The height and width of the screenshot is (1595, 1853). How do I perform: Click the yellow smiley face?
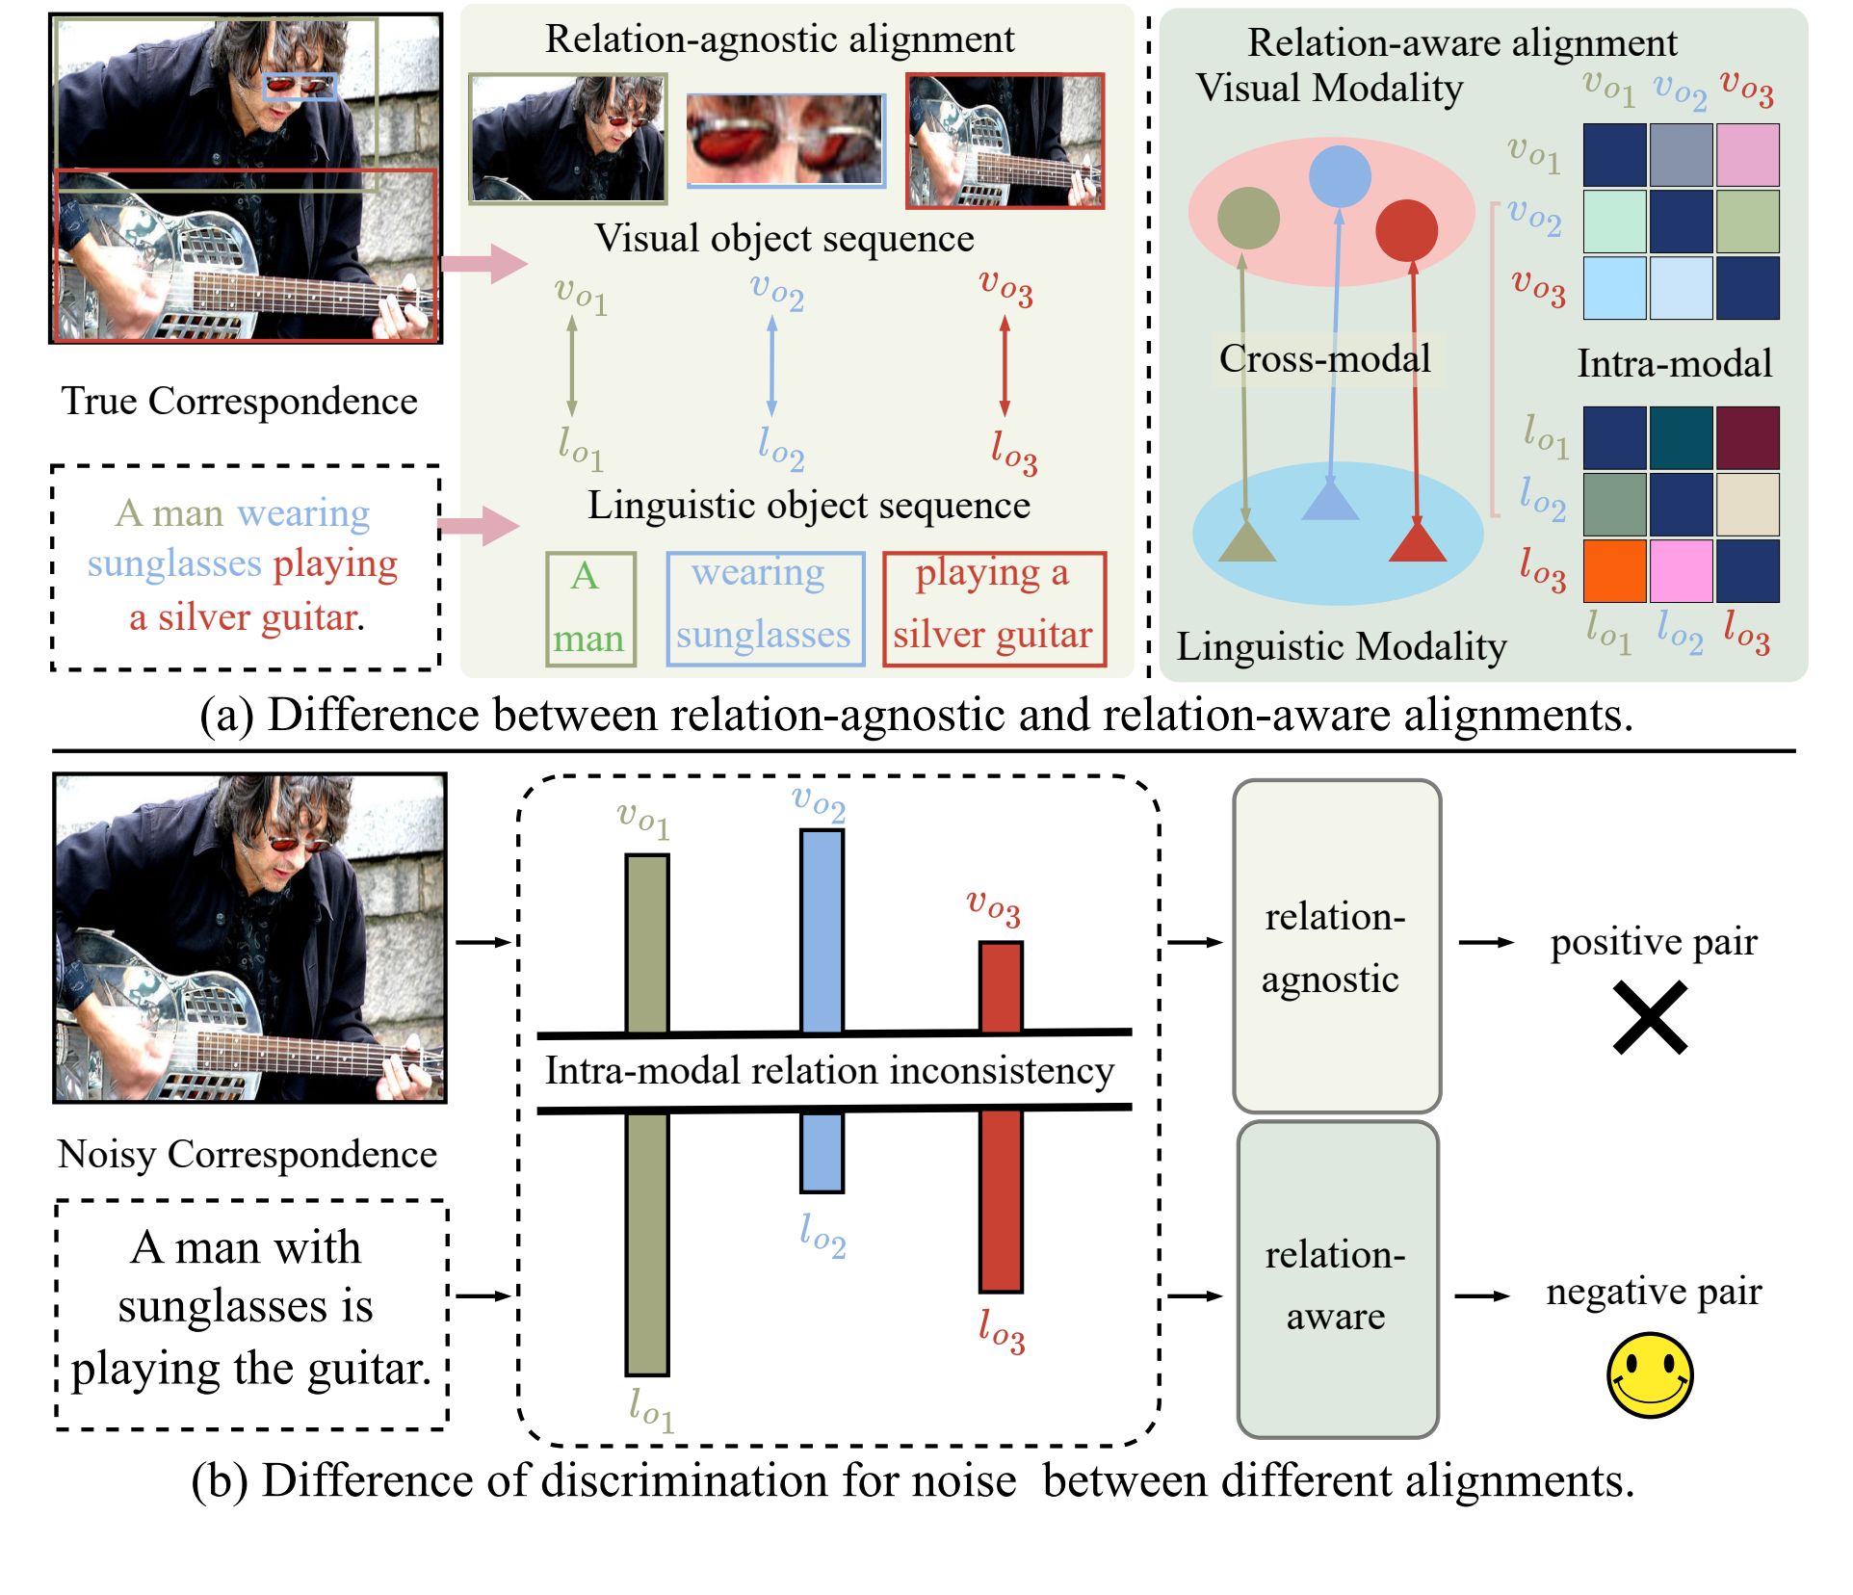pyautogui.click(x=1649, y=1375)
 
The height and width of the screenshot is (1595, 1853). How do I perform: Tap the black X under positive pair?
pyautogui.click(x=1650, y=1017)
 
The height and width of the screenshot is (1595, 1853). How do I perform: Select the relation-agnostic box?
pyautogui.click(x=1337, y=946)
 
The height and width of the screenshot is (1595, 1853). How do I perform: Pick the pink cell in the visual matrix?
pyautogui.click(x=1747, y=155)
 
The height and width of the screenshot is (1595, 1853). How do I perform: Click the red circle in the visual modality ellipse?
pyautogui.click(x=1406, y=230)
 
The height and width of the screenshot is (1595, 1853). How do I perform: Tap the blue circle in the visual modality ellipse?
pyautogui.click(x=1340, y=176)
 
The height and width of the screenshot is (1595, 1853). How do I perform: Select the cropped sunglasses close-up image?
pyautogui.click(x=785, y=140)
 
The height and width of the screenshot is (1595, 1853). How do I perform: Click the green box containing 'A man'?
pyautogui.click(x=590, y=609)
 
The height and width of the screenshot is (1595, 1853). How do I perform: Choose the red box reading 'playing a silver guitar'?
pyautogui.click(x=994, y=609)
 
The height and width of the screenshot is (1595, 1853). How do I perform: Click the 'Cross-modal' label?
pyautogui.click(x=1325, y=358)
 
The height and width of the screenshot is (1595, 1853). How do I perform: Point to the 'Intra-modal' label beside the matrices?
pyautogui.click(x=1674, y=363)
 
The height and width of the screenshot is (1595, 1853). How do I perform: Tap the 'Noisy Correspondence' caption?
pyautogui.click(x=248, y=1154)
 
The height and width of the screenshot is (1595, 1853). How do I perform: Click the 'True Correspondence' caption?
pyautogui.click(x=240, y=401)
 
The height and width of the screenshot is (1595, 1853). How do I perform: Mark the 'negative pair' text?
pyautogui.click(x=1654, y=1291)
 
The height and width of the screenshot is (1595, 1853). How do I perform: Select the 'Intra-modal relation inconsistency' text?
pyautogui.click(x=829, y=1070)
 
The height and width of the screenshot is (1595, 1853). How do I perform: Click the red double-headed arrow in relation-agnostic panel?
pyautogui.click(x=1005, y=367)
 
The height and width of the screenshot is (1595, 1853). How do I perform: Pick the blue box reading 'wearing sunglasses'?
pyautogui.click(x=766, y=609)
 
